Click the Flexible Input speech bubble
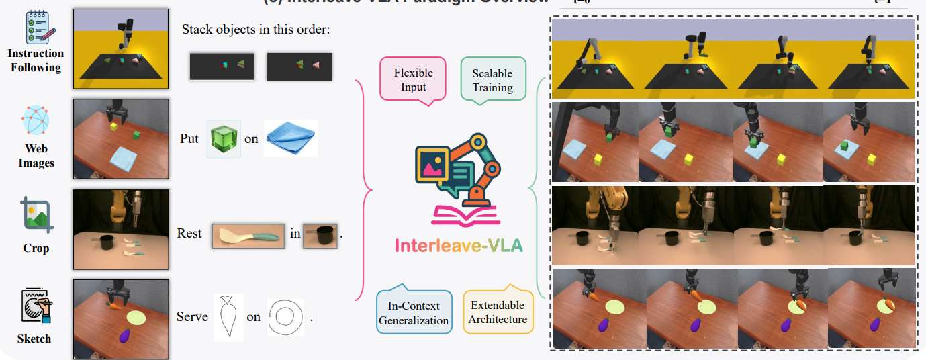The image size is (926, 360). [413, 80]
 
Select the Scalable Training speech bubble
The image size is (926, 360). [492, 80]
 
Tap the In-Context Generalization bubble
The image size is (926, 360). [412, 312]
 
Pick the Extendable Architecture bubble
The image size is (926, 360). [498, 312]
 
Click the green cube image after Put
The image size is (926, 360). [224, 139]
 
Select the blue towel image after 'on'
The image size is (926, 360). [289, 138]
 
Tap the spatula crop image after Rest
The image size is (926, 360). [248, 235]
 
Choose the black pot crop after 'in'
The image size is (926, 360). [320, 235]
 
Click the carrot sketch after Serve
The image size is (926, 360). [226, 316]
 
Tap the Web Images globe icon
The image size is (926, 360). [36, 121]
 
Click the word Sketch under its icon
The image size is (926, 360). [34, 339]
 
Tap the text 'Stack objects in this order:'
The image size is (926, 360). [256, 30]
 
